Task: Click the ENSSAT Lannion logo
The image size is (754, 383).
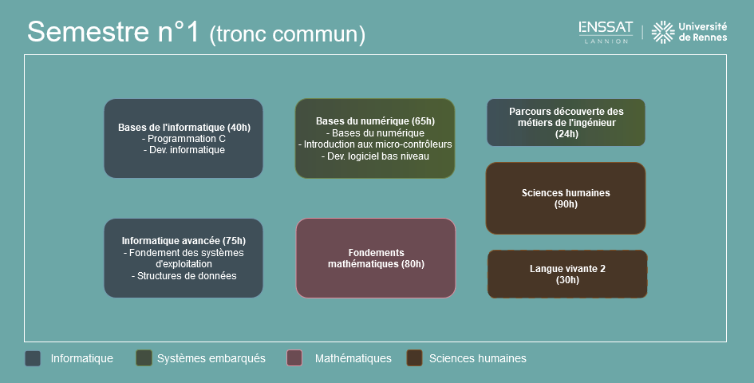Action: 606,32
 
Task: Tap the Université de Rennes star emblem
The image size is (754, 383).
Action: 663,32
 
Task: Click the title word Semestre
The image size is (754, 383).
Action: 88,32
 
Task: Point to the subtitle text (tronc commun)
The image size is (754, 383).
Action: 287,34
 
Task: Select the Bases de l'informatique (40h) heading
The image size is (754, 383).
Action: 184,128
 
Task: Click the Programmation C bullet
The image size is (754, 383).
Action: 184,139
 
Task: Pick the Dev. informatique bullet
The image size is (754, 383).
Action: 184,150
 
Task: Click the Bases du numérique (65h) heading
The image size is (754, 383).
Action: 375,121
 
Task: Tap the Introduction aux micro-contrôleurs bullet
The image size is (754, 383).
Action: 375,144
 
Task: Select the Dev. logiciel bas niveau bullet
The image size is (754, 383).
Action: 375,156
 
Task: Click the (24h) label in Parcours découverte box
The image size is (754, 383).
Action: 566,134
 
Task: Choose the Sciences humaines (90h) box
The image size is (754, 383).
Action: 566,198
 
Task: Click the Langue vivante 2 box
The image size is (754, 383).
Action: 567,274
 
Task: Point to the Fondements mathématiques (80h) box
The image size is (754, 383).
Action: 376,259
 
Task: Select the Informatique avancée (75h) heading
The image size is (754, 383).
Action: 184,241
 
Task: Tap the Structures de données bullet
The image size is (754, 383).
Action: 184,276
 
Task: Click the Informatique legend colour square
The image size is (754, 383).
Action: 33,358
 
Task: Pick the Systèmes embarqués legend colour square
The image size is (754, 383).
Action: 144,358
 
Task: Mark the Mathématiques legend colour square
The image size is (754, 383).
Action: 294,358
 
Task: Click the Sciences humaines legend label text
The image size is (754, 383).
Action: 477,358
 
